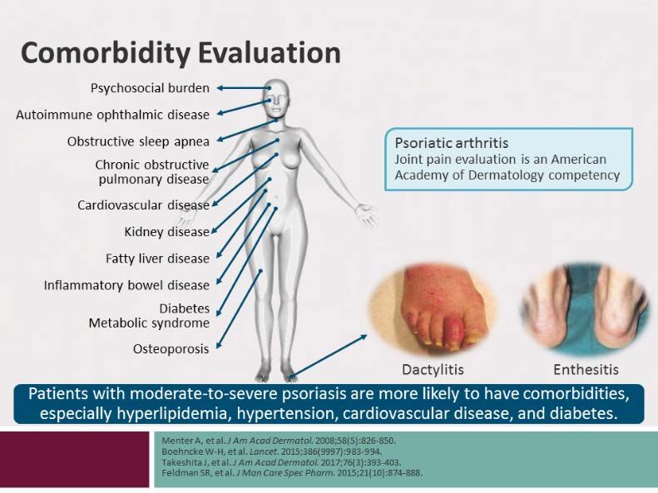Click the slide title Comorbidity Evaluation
pyautogui.click(x=181, y=54)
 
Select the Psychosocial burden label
pyautogui.click(x=150, y=88)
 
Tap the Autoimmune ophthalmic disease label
pyautogui.click(x=112, y=115)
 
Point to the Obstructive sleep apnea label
pyautogui.click(x=138, y=141)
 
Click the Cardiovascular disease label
pyautogui.click(x=143, y=205)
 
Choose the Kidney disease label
pyautogui.click(x=166, y=232)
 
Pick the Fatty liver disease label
pyautogui.click(x=157, y=259)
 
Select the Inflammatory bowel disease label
pyautogui.click(x=126, y=285)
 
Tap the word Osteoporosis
pyautogui.click(x=171, y=349)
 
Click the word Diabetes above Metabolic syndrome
pyautogui.click(x=184, y=308)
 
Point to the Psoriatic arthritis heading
pyautogui.click(x=451, y=143)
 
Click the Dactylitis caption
pyautogui.click(x=433, y=370)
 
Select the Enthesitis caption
pyautogui.click(x=586, y=370)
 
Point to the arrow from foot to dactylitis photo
pyautogui.click(x=328, y=357)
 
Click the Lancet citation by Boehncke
pyautogui.click(x=271, y=452)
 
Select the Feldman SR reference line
pyautogui.click(x=292, y=473)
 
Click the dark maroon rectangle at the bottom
pyautogui.click(x=74, y=460)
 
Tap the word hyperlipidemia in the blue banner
pyautogui.click(x=173, y=414)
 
